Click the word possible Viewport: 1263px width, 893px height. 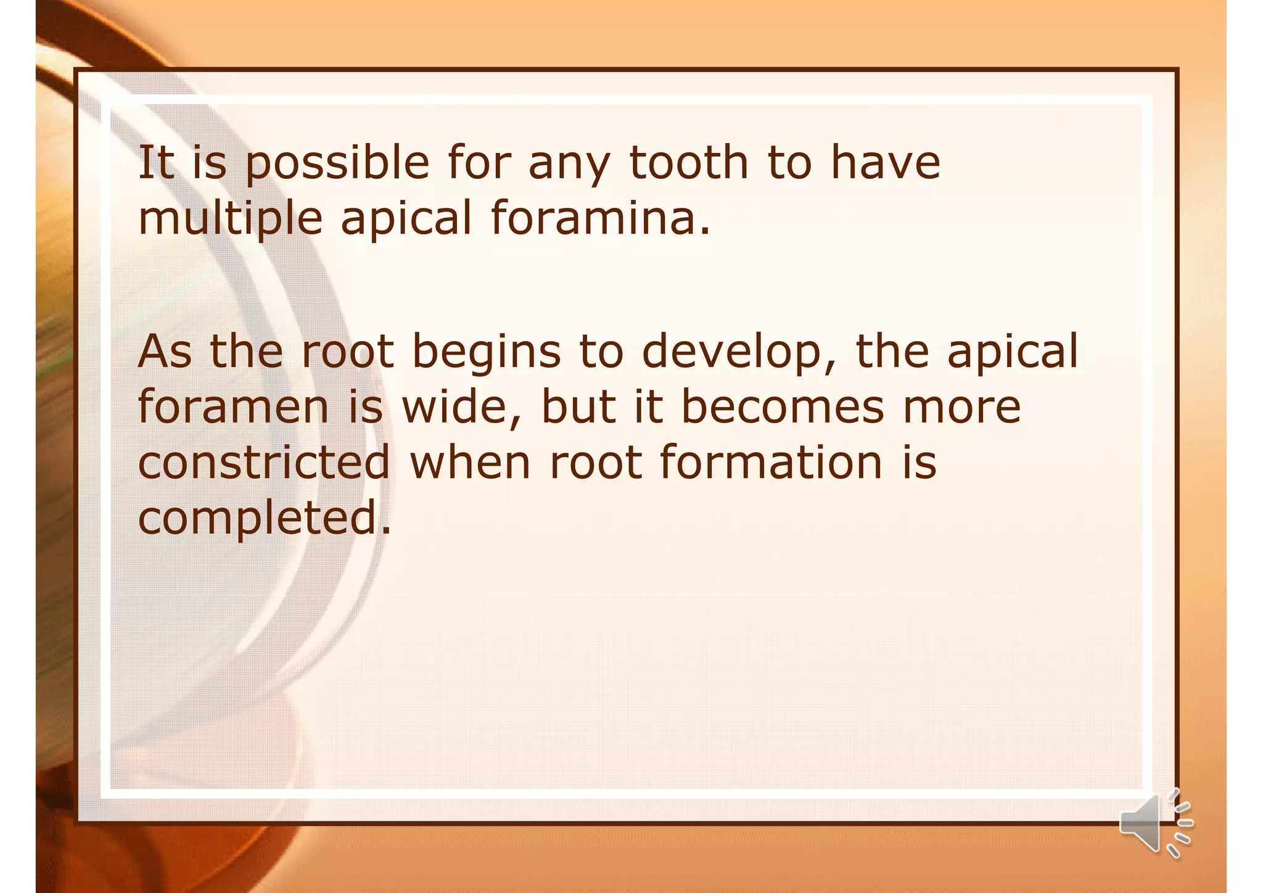tap(337, 163)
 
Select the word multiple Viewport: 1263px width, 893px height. tap(230, 219)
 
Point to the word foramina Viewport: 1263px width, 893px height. tap(601, 218)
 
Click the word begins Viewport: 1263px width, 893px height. tap(486, 352)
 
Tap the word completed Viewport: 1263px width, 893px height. tap(264, 519)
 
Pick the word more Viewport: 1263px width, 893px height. tap(961, 408)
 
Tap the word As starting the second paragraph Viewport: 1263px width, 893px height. tap(164, 352)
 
